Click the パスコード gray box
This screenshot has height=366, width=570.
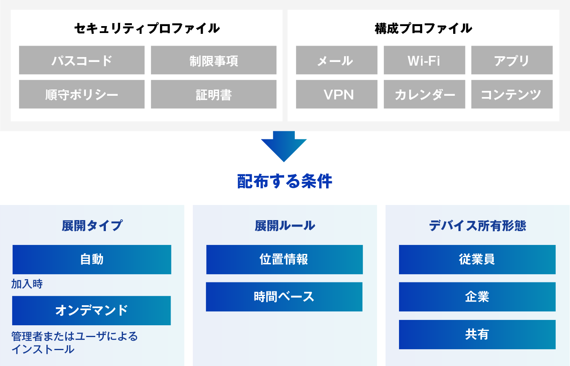coord(82,60)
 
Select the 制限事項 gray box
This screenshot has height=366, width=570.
coord(214,60)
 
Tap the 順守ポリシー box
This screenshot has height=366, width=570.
coord(82,94)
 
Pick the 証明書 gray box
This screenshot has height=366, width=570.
coord(214,94)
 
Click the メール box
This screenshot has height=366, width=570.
coord(337,60)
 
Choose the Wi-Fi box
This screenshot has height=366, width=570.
coord(424,60)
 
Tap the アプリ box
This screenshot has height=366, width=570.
coord(512,60)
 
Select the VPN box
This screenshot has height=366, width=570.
coord(337,94)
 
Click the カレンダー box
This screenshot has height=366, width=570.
coord(424,94)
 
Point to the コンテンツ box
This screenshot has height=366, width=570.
coord(512,94)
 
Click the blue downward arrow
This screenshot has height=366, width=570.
coord(284,146)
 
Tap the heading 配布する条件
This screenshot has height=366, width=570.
coord(285,181)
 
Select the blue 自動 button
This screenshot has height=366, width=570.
coord(92,260)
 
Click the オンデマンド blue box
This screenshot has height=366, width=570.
coord(92,311)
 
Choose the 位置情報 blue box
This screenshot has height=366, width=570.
coord(285,260)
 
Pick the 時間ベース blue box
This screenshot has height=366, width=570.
coord(284,297)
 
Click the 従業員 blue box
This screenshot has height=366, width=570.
coord(477,260)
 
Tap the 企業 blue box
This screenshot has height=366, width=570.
coord(477,297)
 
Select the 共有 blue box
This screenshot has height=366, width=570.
coord(477,335)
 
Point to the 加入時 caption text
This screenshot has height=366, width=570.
coord(27,284)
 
